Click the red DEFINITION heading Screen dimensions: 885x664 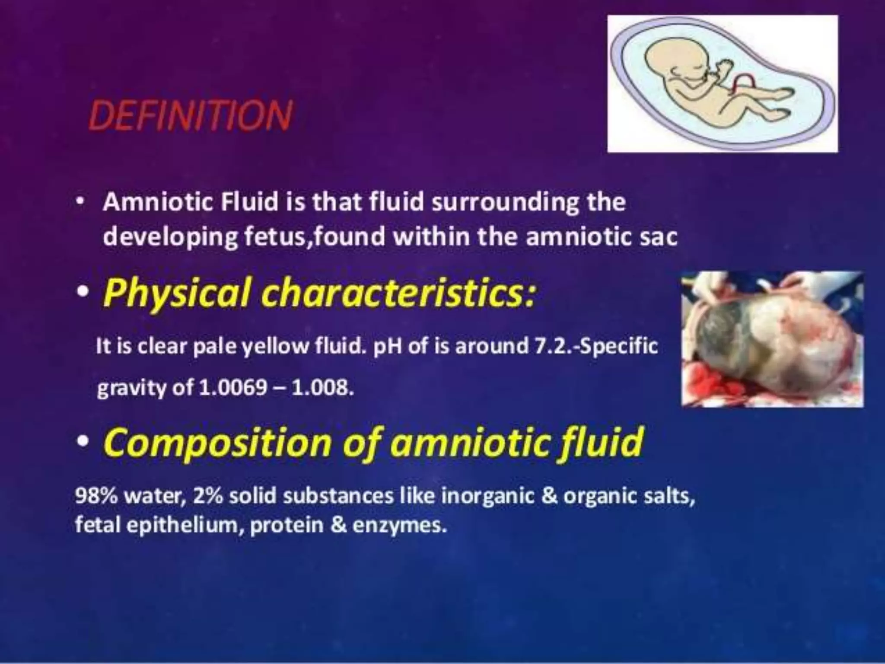pyautogui.click(x=191, y=115)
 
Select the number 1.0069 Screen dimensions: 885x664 pyautogui.click(x=233, y=388)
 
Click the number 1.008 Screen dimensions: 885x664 pyautogui.click(x=323, y=388)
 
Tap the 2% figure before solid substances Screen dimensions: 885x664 pyautogui.click(x=208, y=496)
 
